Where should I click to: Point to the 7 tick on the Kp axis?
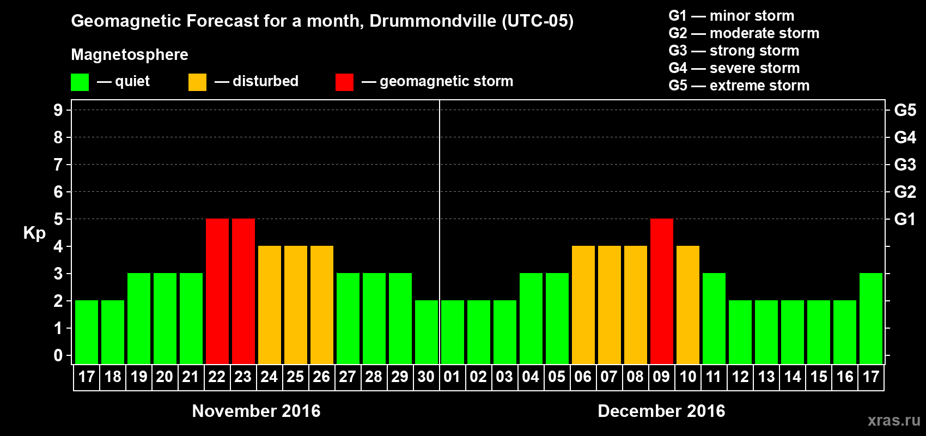(58, 165)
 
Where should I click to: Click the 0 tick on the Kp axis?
(58, 356)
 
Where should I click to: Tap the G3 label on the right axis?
(905, 165)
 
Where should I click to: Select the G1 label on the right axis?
(905, 219)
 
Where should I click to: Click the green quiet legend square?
(80, 82)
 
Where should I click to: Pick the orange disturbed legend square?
(197, 82)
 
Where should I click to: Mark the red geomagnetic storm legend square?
(344, 82)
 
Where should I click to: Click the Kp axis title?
(34, 233)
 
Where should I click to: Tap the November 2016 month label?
(256, 411)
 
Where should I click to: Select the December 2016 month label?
(661, 411)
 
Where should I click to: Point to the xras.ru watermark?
(894, 420)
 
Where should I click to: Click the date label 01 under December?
(452, 377)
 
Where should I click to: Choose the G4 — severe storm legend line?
(734, 68)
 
